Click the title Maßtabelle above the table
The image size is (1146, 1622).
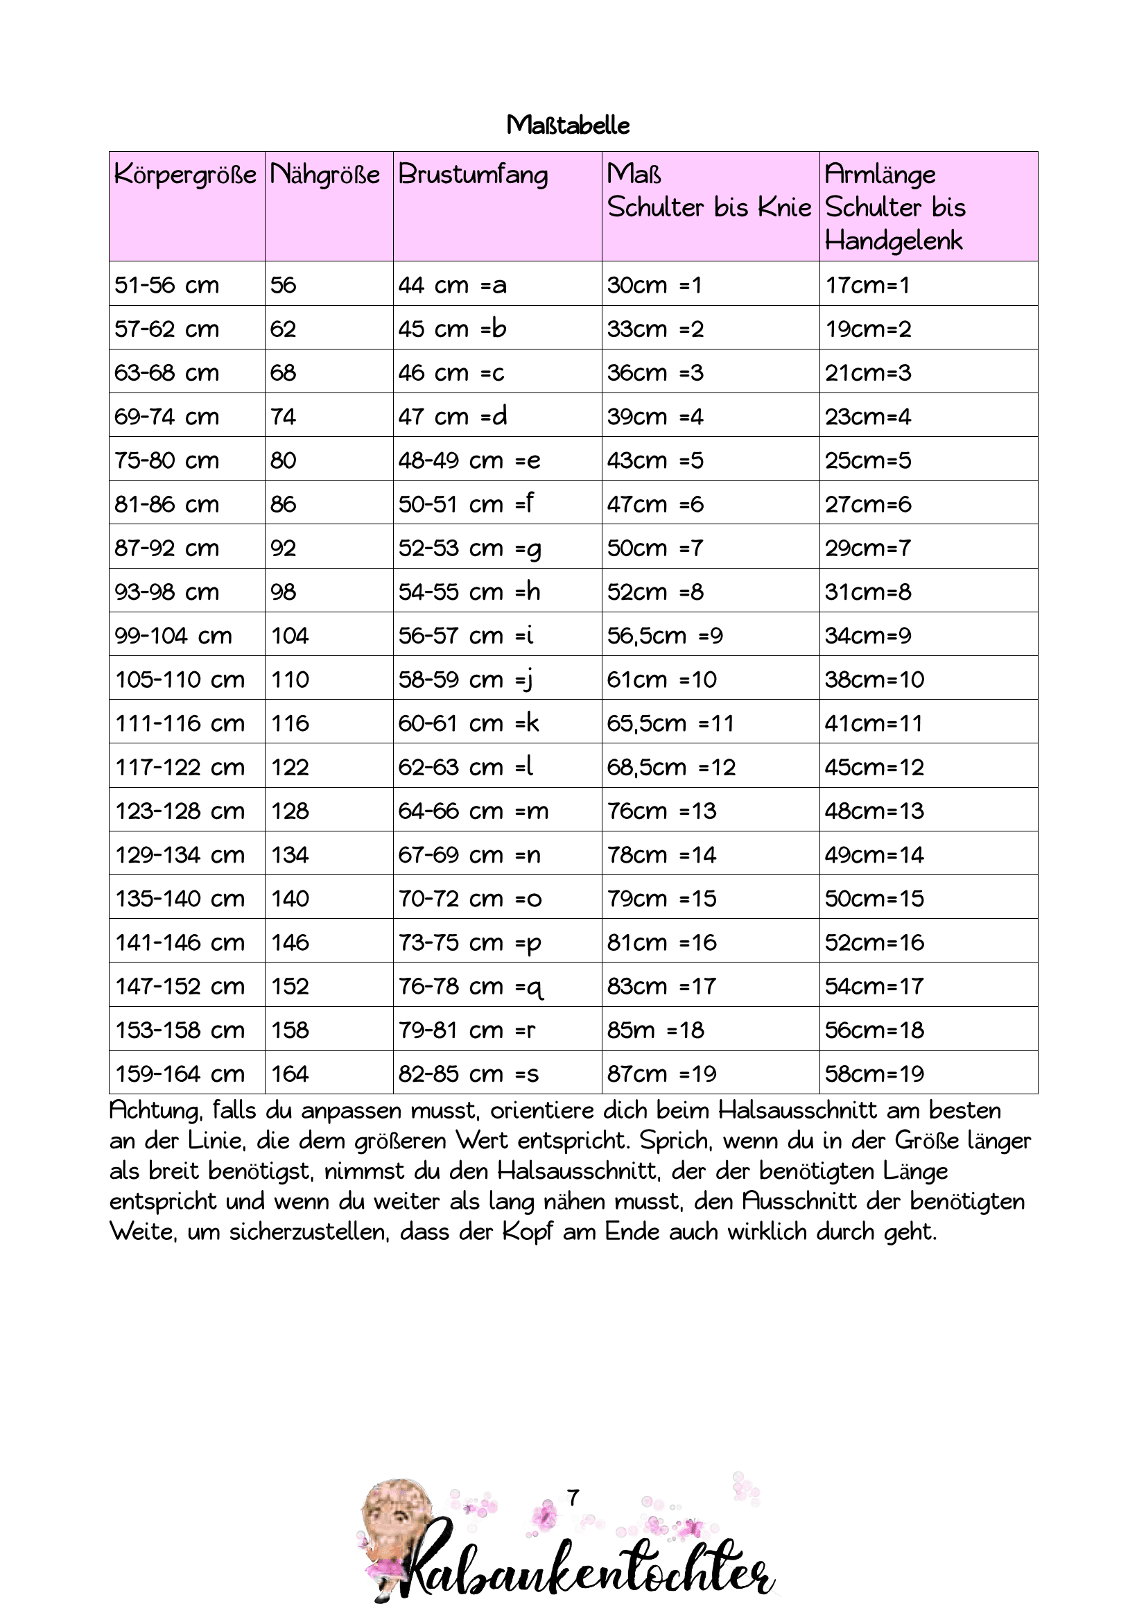pyautogui.click(x=568, y=126)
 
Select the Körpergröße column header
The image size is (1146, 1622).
pyautogui.click(x=185, y=175)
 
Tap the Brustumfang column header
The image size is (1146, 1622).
pyautogui.click(x=472, y=175)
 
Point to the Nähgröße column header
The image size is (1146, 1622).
pyautogui.click(x=325, y=175)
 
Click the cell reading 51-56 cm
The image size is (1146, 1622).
pyautogui.click(x=166, y=286)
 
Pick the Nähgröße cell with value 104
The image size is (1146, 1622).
pyautogui.click(x=290, y=636)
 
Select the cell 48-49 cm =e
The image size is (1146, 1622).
pyautogui.click(x=469, y=460)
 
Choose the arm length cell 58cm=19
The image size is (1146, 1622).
pyautogui.click(x=874, y=1073)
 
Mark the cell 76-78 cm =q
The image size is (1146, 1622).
pyautogui.click(x=470, y=987)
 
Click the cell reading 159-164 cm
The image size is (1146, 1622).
pyautogui.click(x=180, y=1073)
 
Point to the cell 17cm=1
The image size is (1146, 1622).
pyautogui.click(x=867, y=286)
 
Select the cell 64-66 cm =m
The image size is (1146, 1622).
pyautogui.click(x=473, y=811)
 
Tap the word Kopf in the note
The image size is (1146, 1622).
pyautogui.click(x=527, y=1232)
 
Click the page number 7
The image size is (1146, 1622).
pyautogui.click(x=573, y=1498)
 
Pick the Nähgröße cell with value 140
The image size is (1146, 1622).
pyautogui.click(x=290, y=899)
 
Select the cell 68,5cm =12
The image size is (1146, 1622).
pyautogui.click(x=671, y=767)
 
